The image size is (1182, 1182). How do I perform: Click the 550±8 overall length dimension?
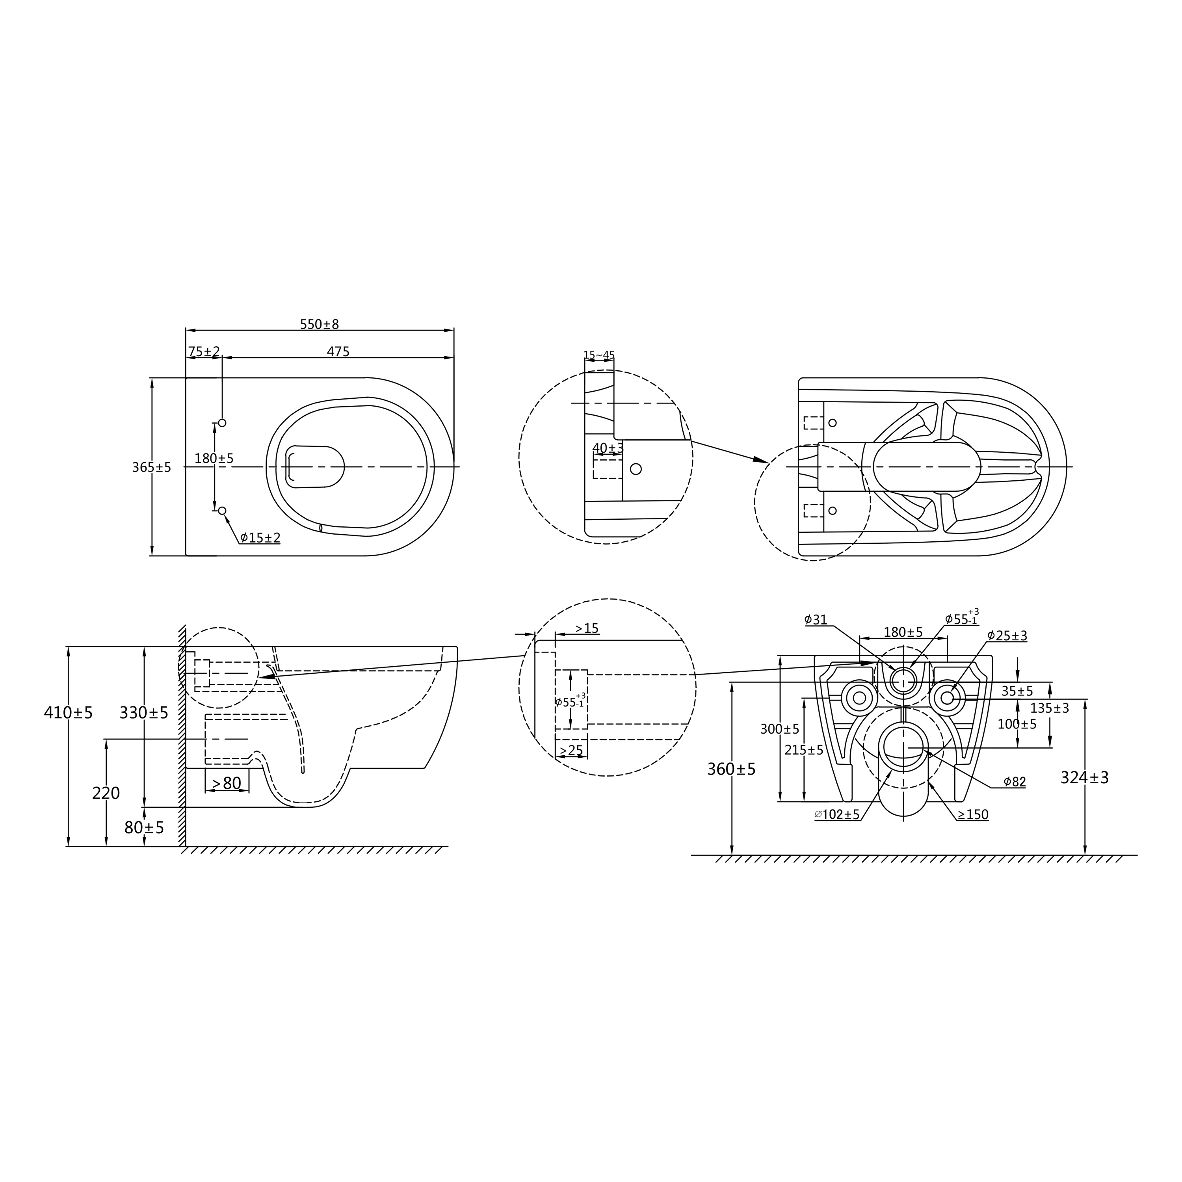click(x=320, y=324)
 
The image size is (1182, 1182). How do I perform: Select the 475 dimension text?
click(x=338, y=352)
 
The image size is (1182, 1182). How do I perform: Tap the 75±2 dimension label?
click(x=204, y=352)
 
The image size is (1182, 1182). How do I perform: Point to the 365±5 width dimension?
click(x=152, y=467)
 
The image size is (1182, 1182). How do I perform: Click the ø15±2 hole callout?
click(x=260, y=538)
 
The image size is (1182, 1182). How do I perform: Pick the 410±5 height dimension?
click(x=69, y=713)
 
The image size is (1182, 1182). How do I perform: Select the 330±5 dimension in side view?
click(x=144, y=713)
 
